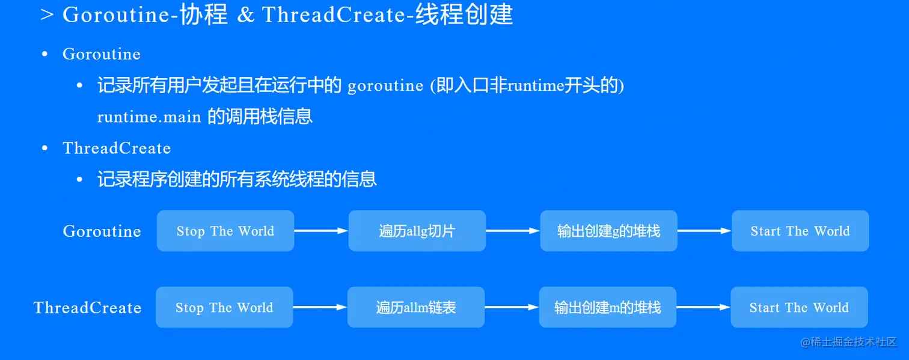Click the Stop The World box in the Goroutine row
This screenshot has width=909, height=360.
coord(225,231)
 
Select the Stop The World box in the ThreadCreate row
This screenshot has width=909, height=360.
coord(224,307)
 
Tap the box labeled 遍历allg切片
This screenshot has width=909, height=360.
coord(417,231)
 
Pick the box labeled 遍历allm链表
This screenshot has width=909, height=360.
coord(416,307)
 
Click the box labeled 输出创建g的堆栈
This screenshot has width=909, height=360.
coord(608,231)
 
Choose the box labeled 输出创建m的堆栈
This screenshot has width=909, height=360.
coord(607,307)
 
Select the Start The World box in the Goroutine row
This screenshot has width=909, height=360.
coord(800,231)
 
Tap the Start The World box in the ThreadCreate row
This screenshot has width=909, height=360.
coord(799,307)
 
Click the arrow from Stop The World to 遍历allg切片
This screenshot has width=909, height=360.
coord(321,231)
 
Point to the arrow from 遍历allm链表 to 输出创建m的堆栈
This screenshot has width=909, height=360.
coord(512,307)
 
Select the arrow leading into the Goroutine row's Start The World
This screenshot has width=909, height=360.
coord(704,231)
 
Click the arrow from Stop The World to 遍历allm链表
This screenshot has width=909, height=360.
coord(320,307)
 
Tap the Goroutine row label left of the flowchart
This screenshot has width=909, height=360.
coord(102,231)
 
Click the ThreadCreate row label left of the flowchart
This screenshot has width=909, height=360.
coord(87,308)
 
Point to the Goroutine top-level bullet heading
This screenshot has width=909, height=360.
coord(102,54)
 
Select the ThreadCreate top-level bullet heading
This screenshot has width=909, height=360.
coord(117,148)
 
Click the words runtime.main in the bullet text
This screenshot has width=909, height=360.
coord(149,117)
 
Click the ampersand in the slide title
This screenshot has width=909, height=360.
coord(245,15)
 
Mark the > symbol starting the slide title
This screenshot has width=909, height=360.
coord(47,15)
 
